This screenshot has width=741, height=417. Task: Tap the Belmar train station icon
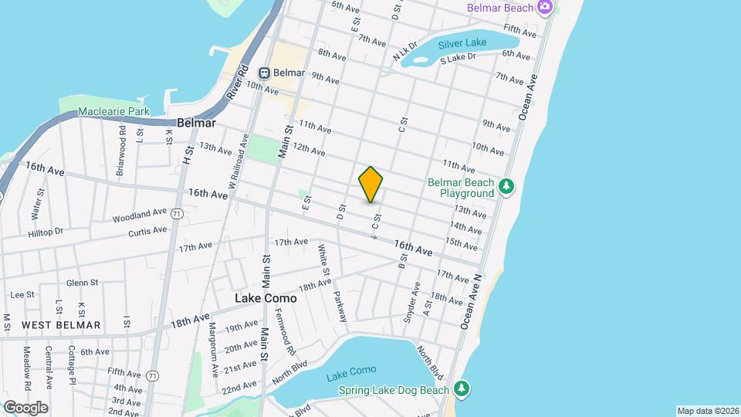264,73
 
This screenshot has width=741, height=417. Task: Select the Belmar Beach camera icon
545,7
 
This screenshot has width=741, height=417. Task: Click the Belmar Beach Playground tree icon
506,185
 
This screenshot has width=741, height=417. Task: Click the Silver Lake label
462,42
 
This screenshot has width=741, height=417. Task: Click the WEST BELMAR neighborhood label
61,325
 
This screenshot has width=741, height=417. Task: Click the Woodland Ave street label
139,213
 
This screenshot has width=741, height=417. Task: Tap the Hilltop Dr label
46,232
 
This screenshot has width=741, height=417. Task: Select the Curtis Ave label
147,231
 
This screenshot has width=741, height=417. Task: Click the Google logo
25,407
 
